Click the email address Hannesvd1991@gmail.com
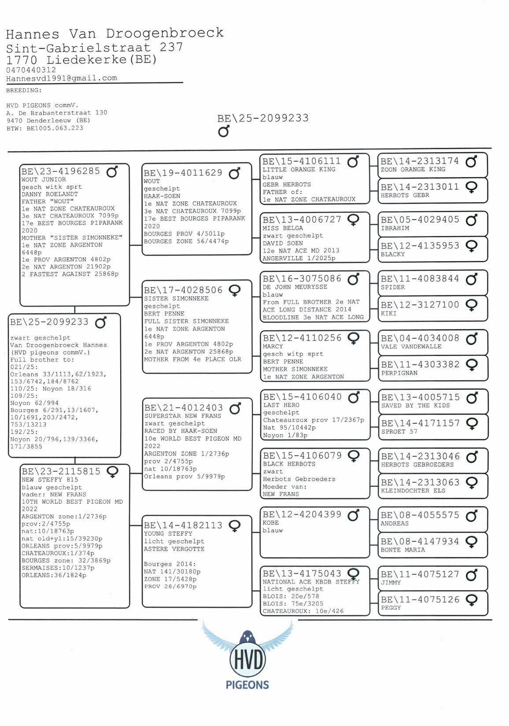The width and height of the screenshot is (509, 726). [x=62, y=78]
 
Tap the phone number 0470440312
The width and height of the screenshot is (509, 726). [x=31, y=70]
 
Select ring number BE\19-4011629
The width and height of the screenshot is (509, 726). [x=183, y=173]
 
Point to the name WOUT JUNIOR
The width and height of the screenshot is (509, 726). [x=44, y=180]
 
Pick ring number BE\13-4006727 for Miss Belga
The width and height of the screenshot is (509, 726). [x=302, y=219]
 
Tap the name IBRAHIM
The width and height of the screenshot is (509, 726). [x=395, y=228]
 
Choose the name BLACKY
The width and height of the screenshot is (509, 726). [x=393, y=254]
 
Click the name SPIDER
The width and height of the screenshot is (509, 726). [x=393, y=287]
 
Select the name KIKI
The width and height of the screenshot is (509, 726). [x=389, y=313]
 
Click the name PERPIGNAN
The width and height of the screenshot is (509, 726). [x=399, y=373]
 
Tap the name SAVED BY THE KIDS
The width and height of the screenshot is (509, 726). [x=415, y=406]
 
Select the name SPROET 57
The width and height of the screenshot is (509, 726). [x=399, y=431]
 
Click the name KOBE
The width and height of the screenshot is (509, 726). [x=271, y=523]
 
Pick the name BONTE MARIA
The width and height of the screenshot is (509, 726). [x=403, y=550]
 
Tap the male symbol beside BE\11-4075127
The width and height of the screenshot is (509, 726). [x=472, y=574]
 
